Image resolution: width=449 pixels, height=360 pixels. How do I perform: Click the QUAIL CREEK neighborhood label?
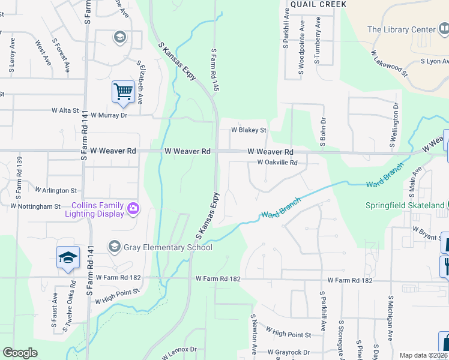coord(318,4)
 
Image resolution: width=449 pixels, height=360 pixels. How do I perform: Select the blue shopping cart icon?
coord(123,92)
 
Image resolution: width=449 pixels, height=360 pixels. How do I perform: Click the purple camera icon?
coord(133,209)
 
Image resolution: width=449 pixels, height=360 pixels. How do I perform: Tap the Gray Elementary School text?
coord(168,247)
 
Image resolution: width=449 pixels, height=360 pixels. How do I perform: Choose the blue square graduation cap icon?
coord(68,257)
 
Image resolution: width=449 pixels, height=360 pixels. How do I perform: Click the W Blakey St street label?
coord(249,130)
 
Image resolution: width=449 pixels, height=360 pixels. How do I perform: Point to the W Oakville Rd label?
coord(277,163)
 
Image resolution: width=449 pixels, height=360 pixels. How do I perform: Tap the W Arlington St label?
coord(56,190)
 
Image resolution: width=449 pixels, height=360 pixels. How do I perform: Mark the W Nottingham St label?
coord(35,206)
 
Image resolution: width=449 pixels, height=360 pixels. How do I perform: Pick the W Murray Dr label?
coord(107,115)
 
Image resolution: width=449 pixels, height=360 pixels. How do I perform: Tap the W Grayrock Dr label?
coord(289,352)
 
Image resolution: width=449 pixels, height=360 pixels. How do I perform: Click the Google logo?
coord(20,353)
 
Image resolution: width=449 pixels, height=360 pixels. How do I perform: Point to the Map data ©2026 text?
coord(424,355)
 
